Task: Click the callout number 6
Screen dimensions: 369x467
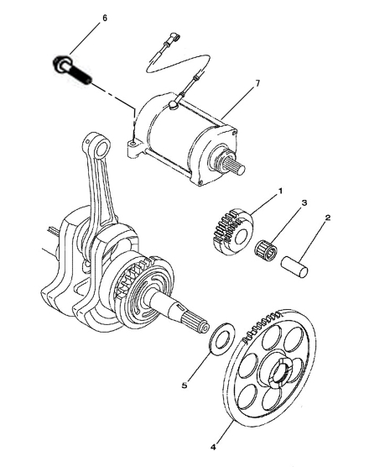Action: pos(104,18)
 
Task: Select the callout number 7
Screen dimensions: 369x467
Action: pos(257,83)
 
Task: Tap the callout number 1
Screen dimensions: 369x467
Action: pos(279,192)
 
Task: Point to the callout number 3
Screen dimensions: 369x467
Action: pos(304,203)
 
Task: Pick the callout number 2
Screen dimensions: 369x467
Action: pos(327,218)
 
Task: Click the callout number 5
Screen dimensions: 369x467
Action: pos(184,386)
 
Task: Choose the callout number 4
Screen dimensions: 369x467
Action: pos(213,448)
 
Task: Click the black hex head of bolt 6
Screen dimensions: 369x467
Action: pos(60,64)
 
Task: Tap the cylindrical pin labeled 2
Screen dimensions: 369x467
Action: pos(294,266)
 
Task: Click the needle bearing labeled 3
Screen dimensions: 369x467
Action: pos(266,249)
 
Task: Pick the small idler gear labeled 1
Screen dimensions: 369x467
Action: pos(233,232)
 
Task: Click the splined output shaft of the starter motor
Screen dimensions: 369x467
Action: pos(236,165)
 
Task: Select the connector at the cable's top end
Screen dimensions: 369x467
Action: pos(174,36)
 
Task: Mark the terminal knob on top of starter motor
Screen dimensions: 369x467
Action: pos(173,104)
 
